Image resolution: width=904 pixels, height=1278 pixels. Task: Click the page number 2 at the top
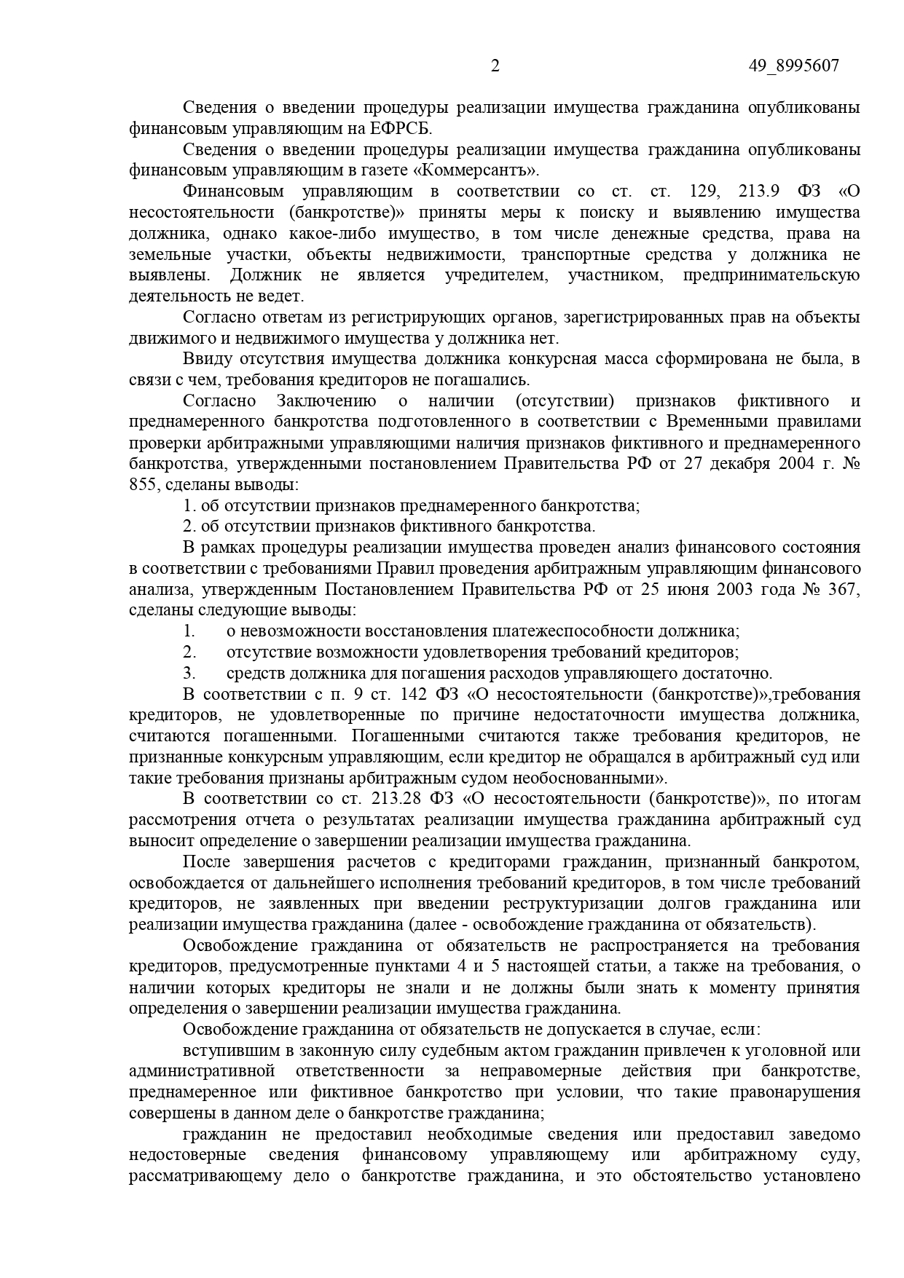pos(495,66)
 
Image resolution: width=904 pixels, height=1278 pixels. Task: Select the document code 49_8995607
pos(793,66)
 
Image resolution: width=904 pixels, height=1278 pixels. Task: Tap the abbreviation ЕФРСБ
pos(412,129)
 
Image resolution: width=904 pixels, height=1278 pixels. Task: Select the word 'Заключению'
pos(326,401)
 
